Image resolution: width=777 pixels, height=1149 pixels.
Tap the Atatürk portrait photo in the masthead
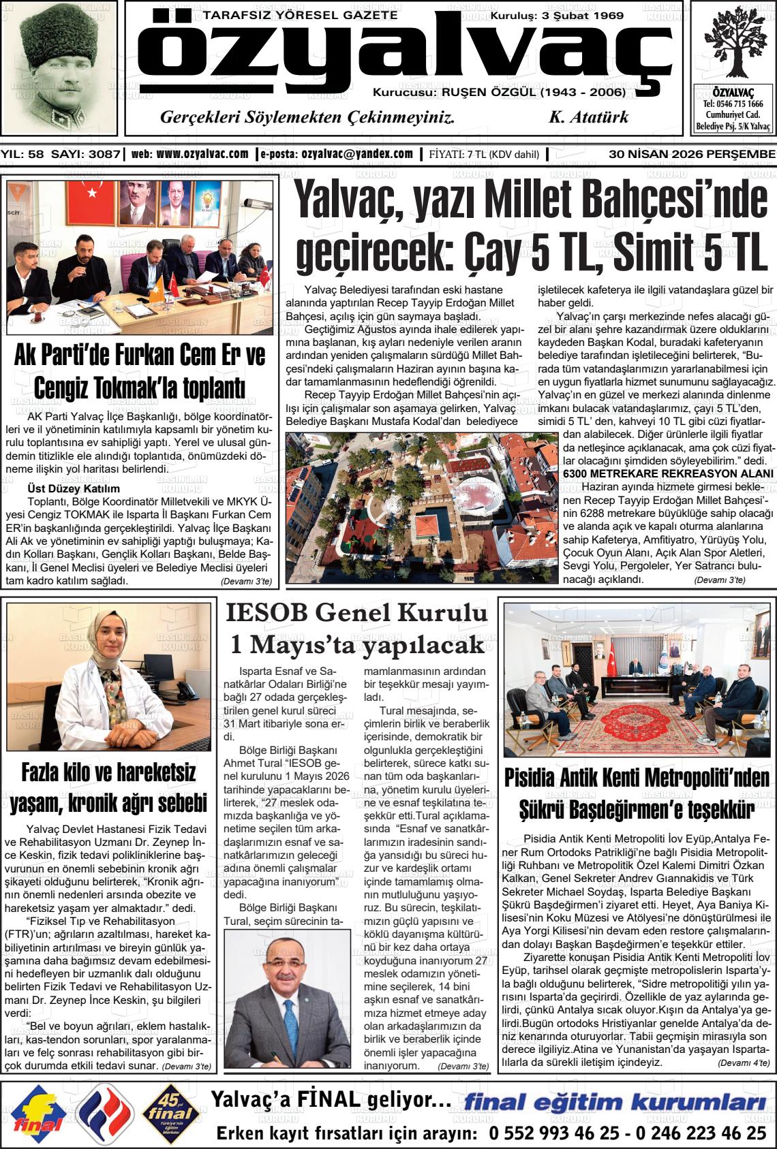pyautogui.click(x=59, y=67)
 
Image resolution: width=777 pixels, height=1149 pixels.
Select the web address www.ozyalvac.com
pyautogui.click(x=202, y=154)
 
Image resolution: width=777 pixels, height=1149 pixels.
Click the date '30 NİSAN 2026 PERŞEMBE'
pyautogui.click(x=692, y=154)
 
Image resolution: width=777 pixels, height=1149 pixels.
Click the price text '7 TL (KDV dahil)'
pyautogui.click(x=502, y=155)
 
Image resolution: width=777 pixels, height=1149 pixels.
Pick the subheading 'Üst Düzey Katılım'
pyautogui.click(x=73, y=488)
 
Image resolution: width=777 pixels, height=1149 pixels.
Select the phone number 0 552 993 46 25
pyautogui.click(x=553, y=1133)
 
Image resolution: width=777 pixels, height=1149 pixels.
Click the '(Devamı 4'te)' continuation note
pyautogui.click(x=744, y=1062)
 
